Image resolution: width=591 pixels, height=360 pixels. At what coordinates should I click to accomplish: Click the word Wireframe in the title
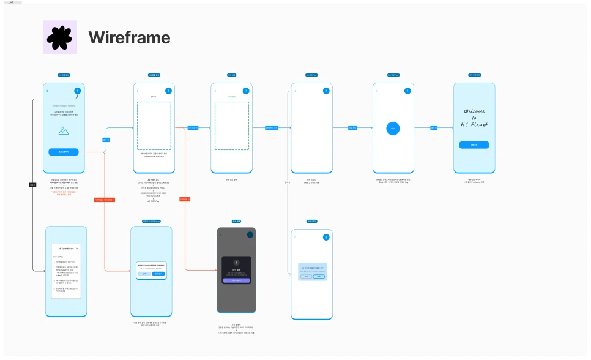(x=129, y=38)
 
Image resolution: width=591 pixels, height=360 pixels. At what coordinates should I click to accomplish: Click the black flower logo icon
(x=59, y=38)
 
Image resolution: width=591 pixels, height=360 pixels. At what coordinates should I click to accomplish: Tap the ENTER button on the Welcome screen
(x=474, y=145)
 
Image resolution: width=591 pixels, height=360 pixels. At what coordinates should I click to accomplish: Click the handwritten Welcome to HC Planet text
(x=474, y=118)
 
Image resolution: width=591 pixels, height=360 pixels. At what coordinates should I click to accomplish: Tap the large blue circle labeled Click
(x=393, y=129)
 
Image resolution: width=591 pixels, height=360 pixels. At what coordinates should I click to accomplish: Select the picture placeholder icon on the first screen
(x=64, y=130)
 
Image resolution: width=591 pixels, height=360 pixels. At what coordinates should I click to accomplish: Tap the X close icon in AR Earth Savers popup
(x=77, y=249)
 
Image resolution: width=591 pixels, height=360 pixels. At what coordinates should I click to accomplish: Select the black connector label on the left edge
(x=32, y=184)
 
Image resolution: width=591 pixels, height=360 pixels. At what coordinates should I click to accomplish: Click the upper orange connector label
(x=105, y=200)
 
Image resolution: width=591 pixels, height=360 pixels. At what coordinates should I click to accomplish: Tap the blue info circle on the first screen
(x=77, y=91)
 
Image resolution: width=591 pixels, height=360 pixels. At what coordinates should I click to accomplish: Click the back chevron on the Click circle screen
(x=377, y=91)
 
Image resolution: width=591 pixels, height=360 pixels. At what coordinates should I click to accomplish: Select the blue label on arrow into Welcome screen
(x=434, y=128)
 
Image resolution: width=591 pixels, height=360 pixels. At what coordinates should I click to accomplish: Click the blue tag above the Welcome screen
(x=474, y=75)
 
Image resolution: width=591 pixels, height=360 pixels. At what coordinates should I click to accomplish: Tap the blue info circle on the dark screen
(x=250, y=235)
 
